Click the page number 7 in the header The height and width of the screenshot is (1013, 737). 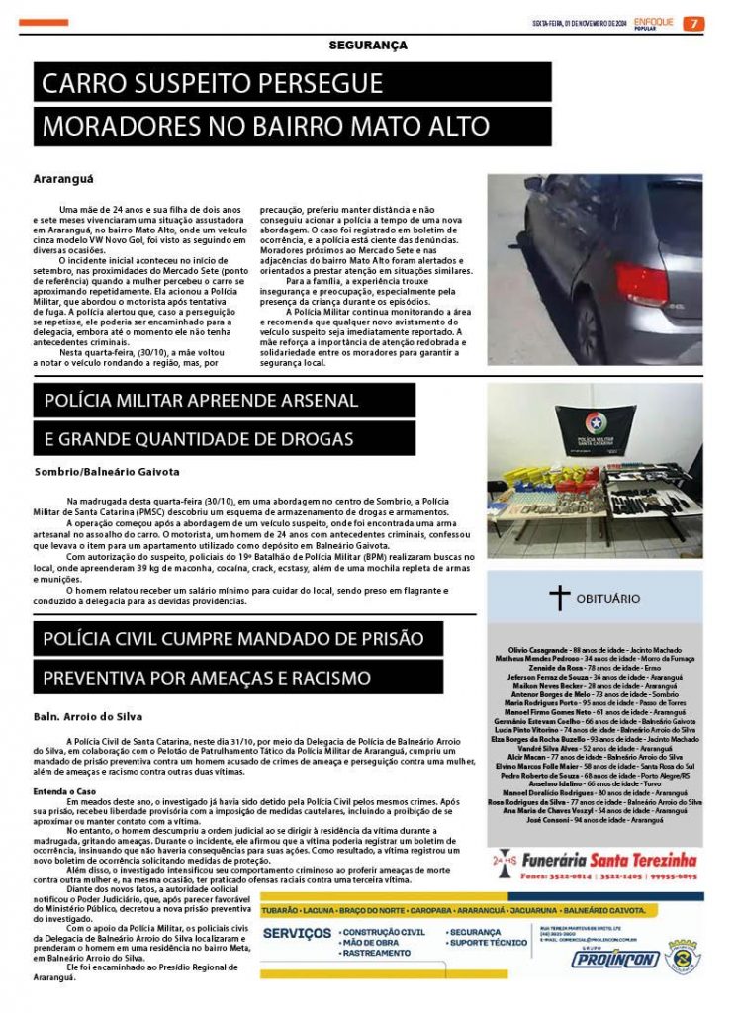tap(694, 24)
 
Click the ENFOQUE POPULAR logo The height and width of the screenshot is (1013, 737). tap(654, 23)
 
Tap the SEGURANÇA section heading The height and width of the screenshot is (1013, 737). tap(368, 46)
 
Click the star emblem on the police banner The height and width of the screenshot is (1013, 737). tap(595, 421)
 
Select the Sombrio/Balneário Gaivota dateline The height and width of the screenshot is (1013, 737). tap(107, 472)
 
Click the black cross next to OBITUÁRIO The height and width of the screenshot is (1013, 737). tap(560, 598)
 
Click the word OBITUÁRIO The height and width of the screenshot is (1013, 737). tap(608, 599)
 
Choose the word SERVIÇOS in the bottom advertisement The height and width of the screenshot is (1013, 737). tap(298, 933)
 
